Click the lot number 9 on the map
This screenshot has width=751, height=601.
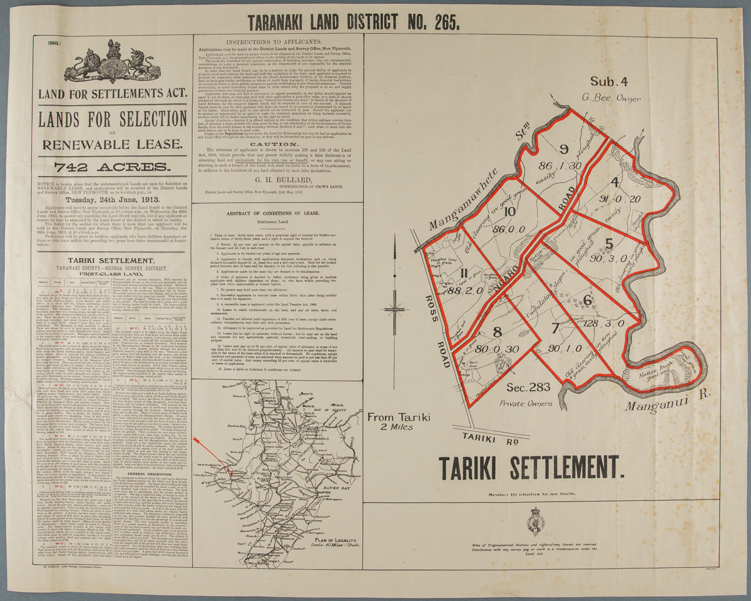point(563,149)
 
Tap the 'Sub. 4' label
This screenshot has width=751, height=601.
point(609,81)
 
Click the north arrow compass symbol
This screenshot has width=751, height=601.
point(395,309)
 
